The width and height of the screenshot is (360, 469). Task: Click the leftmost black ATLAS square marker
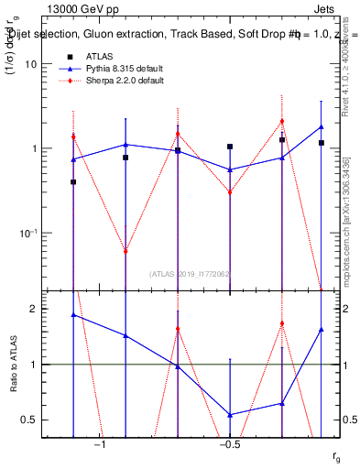tap(73, 182)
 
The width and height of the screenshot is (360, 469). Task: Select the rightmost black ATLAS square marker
tap(322, 143)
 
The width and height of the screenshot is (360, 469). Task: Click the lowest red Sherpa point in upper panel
tap(125, 251)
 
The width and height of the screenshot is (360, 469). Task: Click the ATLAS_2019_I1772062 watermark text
tap(189, 273)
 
